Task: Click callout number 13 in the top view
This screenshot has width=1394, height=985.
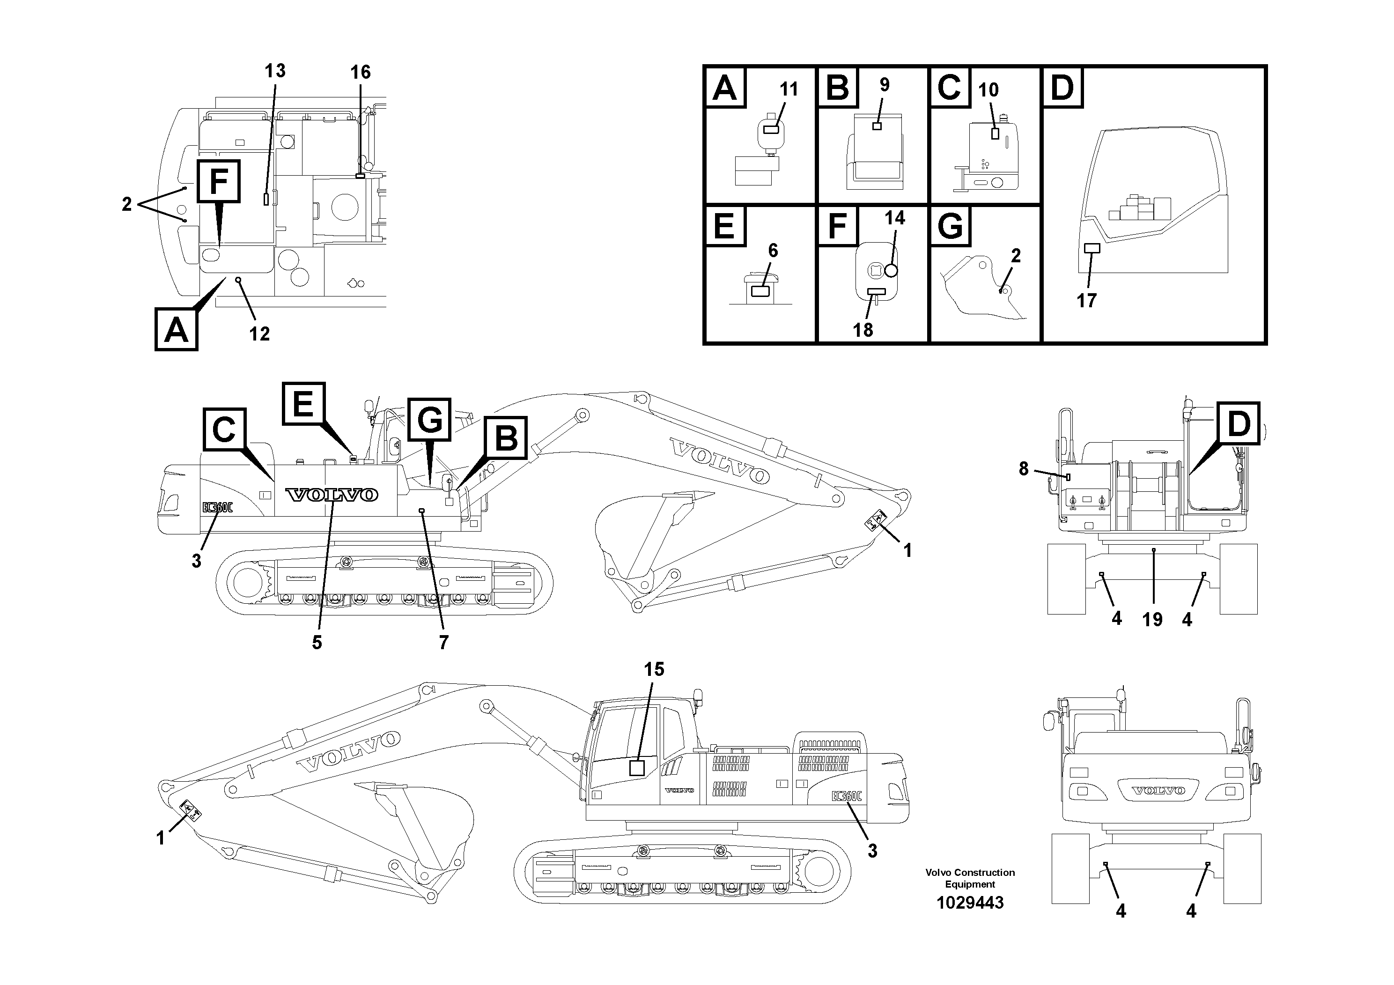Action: (274, 71)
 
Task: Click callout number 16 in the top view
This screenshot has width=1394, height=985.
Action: (360, 72)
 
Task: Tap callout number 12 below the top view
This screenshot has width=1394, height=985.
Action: (259, 333)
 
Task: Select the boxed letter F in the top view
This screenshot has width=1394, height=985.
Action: (217, 181)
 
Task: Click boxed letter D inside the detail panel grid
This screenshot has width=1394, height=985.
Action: (1062, 88)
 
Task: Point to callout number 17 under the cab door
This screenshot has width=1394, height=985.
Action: (1086, 300)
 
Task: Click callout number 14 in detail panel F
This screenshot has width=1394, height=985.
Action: (895, 218)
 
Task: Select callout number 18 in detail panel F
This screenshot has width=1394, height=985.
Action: (863, 330)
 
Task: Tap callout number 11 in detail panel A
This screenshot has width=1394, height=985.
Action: (788, 89)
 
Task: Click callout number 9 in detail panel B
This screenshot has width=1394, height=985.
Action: (884, 85)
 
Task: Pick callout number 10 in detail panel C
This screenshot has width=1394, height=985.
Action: (988, 90)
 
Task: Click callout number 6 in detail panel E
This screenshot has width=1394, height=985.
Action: (773, 250)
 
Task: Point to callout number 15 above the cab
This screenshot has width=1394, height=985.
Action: (654, 669)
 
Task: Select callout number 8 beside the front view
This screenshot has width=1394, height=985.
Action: (1024, 468)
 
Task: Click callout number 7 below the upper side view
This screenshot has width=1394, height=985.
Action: (443, 643)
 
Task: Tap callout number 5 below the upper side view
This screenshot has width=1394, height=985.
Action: (317, 643)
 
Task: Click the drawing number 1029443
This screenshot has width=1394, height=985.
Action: (970, 903)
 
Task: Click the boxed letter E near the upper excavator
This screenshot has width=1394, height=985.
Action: (303, 403)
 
